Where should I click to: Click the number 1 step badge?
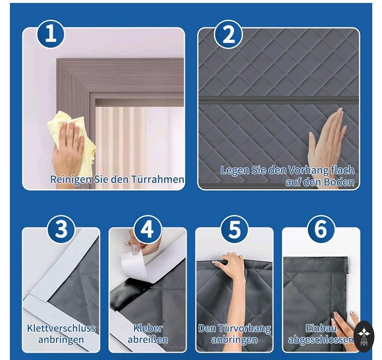51,35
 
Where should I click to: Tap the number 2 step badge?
229,35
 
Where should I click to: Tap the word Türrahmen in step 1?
157,179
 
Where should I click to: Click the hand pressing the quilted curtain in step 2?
328,139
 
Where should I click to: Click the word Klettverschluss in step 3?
61,328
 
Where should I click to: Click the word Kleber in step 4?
148,328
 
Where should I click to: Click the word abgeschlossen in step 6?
321,339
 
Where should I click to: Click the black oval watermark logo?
364,334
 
